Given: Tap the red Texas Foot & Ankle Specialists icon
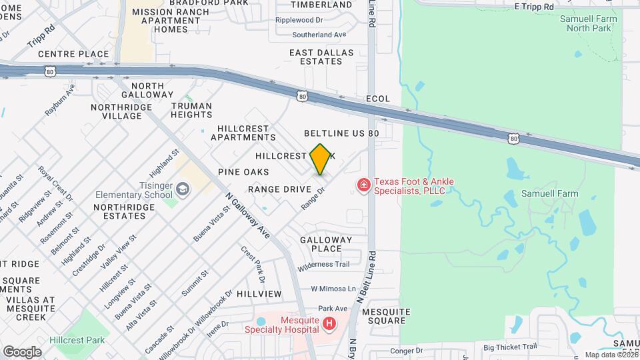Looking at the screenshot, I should (x=363, y=185).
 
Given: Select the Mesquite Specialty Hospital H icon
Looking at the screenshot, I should (x=328, y=324).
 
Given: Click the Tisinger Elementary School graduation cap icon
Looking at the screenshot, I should (x=183, y=190).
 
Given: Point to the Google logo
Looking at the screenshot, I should (x=22, y=351).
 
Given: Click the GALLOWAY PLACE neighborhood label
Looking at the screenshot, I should (x=325, y=244).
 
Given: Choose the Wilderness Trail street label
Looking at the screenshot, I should (x=323, y=265).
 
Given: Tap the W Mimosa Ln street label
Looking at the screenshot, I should (x=333, y=289).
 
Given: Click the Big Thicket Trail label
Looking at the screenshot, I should (x=510, y=347).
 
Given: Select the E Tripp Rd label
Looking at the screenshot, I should (x=534, y=6).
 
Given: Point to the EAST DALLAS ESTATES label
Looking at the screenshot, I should (x=315, y=57).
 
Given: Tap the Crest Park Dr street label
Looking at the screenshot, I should (x=253, y=264).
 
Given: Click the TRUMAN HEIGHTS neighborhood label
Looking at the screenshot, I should (x=191, y=110).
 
